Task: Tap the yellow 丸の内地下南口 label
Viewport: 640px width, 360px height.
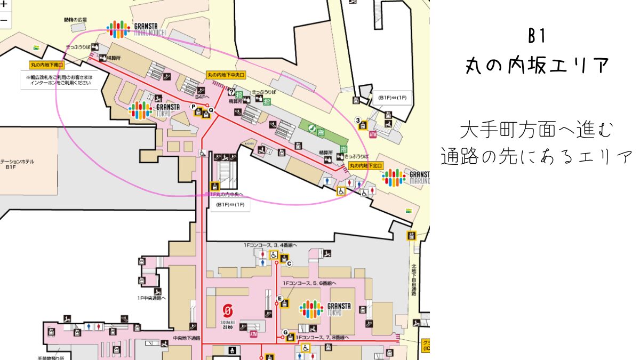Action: [x=47, y=65]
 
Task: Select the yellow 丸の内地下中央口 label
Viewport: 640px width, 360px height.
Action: [x=226, y=76]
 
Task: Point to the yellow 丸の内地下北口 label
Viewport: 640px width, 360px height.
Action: [x=367, y=166]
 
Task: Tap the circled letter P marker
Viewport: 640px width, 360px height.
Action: [x=194, y=107]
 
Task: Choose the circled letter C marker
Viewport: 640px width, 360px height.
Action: [x=289, y=263]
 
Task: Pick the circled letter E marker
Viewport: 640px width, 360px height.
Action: [x=279, y=298]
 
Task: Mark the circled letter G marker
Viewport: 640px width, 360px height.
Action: [x=285, y=332]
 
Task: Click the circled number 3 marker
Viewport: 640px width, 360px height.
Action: [x=358, y=119]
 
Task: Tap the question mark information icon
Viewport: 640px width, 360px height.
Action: [x=231, y=92]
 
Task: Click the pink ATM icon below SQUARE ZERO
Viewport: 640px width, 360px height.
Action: [x=254, y=334]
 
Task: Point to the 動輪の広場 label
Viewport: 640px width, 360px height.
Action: [x=75, y=20]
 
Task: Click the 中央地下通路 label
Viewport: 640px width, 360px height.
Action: [x=187, y=338]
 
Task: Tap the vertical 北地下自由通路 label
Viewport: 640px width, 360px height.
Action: [x=414, y=280]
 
